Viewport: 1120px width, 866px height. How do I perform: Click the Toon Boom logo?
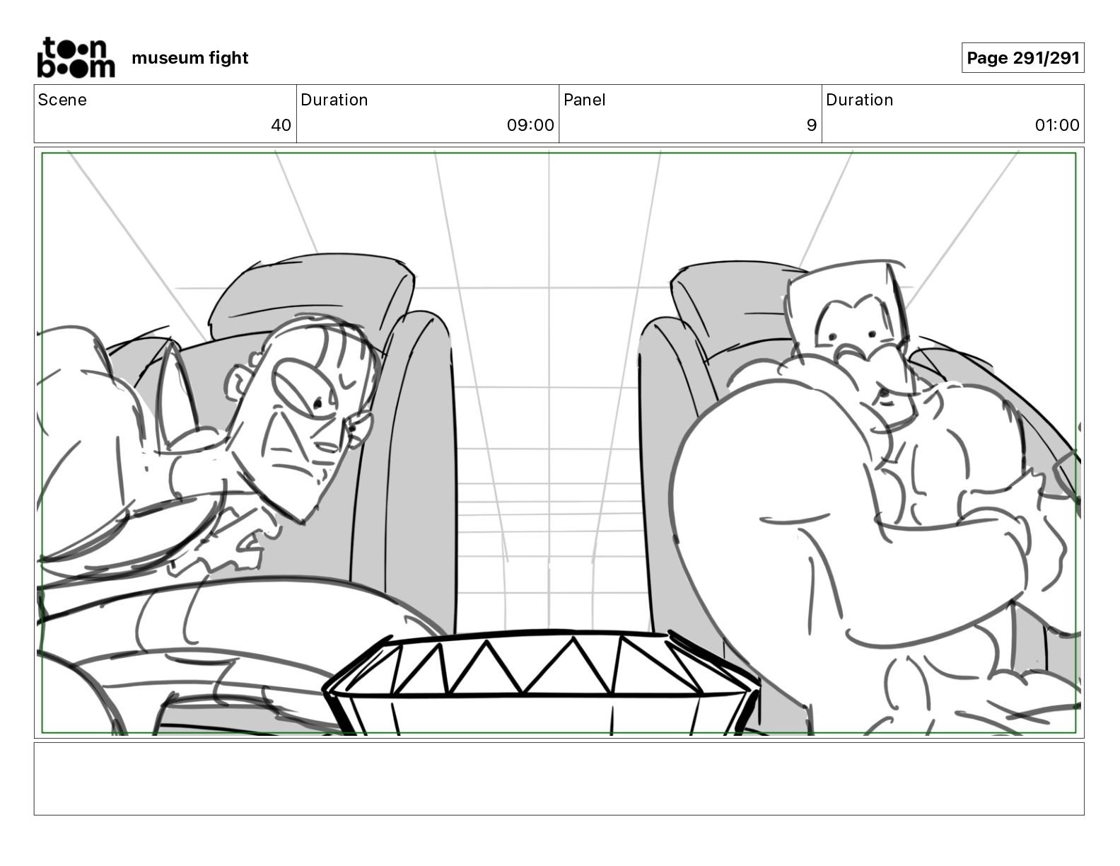pyautogui.click(x=75, y=57)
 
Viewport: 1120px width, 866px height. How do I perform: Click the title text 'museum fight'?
pyautogui.click(x=189, y=58)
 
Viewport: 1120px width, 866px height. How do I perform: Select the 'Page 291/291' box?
pyautogui.click(x=1022, y=58)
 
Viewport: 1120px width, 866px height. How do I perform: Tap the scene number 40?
pyautogui.click(x=281, y=125)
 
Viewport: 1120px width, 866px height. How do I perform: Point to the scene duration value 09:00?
pyautogui.click(x=530, y=125)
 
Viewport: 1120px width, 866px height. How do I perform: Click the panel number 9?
pyautogui.click(x=811, y=125)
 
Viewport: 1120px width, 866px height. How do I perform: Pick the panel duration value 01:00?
pyautogui.click(x=1057, y=125)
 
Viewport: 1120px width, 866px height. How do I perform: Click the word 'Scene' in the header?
pyautogui.click(x=62, y=100)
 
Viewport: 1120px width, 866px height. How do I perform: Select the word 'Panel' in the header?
pyautogui.click(x=584, y=100)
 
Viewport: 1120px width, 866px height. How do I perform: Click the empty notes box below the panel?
pyautogui.click(x=559, y=778)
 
